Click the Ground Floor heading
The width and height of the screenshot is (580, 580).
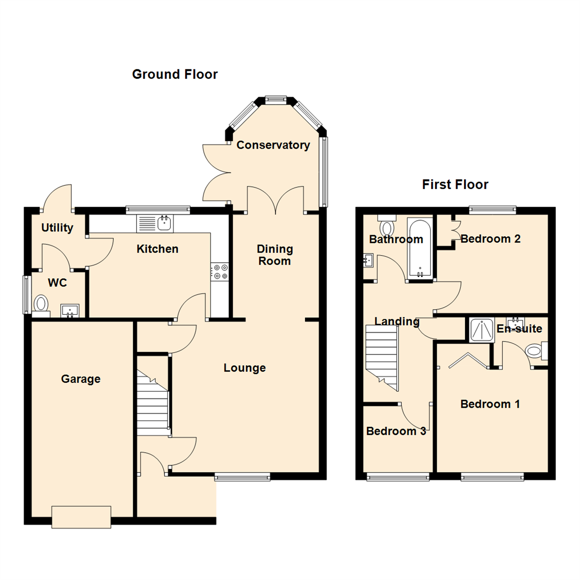pyautogui.click(x=175, y=74)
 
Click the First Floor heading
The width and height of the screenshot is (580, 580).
pyautogui.click(x=455, y=184)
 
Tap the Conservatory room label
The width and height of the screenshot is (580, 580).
pyautogui.click(x=273, y=145)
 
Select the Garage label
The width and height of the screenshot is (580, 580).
pyautogui.click(x=81, y=379)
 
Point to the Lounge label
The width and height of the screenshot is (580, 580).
pyautogui.click(x=244, y=368)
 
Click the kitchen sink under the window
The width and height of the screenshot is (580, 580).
pyautogui.click(x=155, y=223)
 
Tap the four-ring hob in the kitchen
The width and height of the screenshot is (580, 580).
pyautogui.click(x=220, y=272)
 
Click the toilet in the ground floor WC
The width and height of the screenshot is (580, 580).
pyautogui.click(x=41, y=306)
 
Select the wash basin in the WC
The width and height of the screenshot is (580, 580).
pyautogui.click(x=69, y=311)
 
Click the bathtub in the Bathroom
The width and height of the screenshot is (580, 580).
pyautogui.click(x=420, y=248)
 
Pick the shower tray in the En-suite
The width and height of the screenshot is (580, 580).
pyautogui.click(x=482, y=330)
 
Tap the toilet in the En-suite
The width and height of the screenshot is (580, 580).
pyautogui.click(x=536, y=351)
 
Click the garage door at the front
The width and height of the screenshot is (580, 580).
pyautogui.click(x=82, y=517)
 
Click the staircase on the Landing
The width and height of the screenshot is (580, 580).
pyautogui.click(x=382, y=358)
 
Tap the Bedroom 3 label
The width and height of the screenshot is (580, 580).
pyautogui.click(x=396, y=431)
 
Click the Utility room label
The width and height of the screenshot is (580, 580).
pyautogui.click(x=57, y=228)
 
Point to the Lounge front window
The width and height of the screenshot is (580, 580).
pyautogui.click(x=242, y=477)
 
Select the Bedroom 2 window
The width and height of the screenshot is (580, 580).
pyautogui.click(x=492, y=210)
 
